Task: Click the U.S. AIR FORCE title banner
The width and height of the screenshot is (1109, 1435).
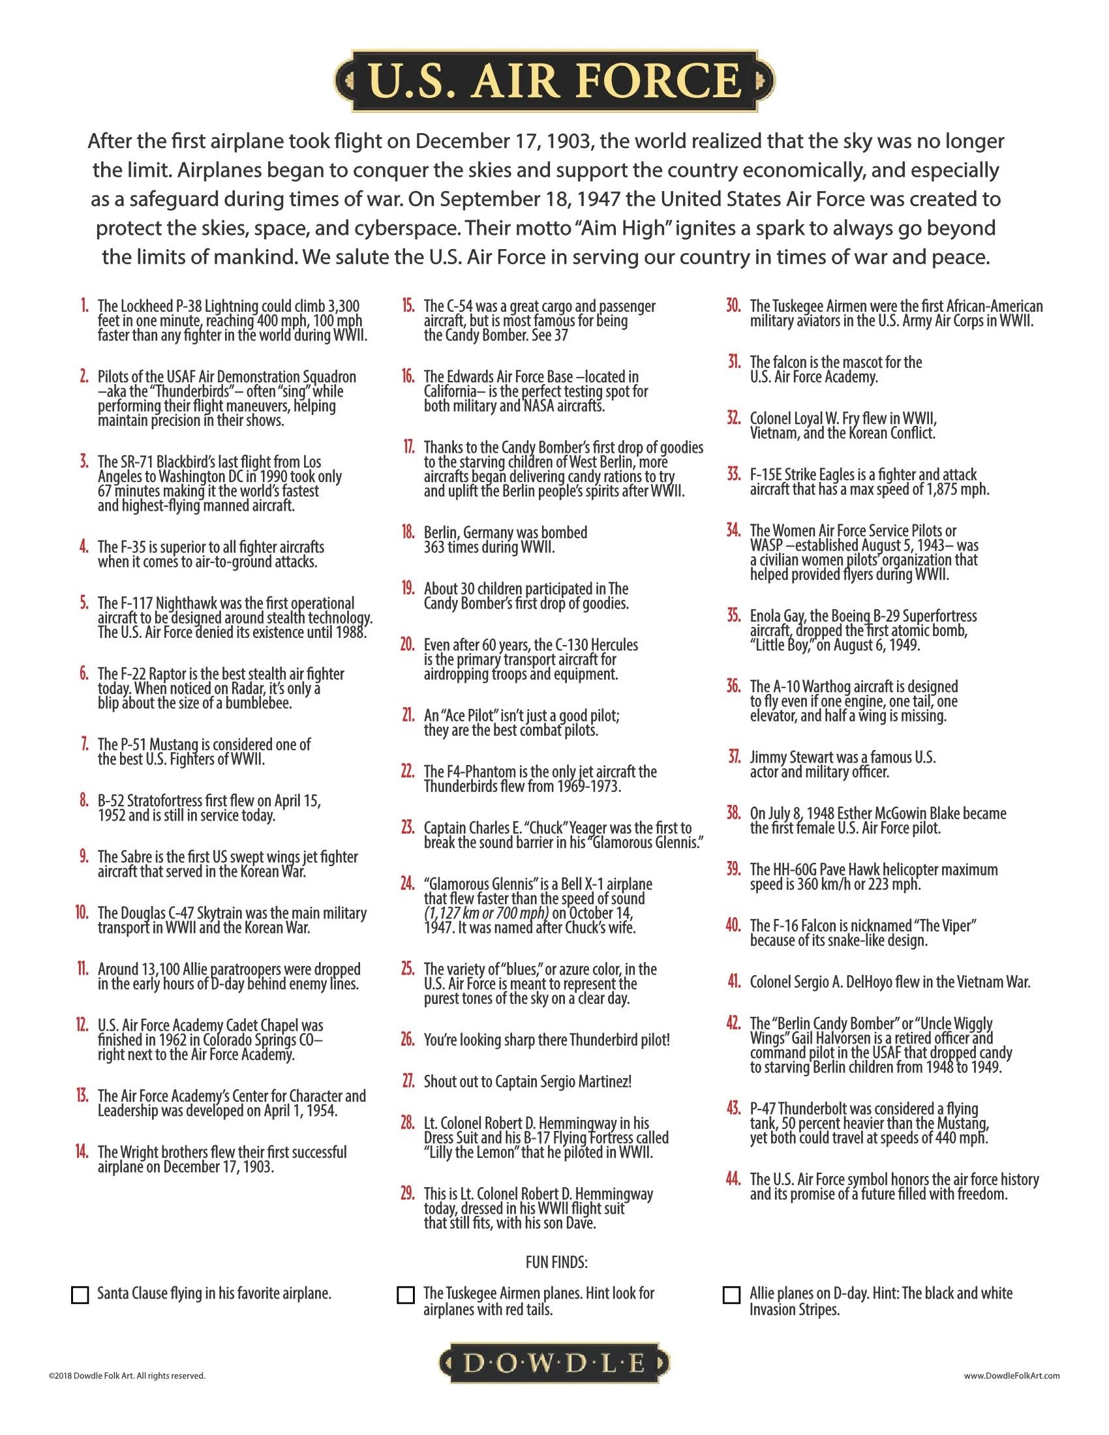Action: click(554, 81)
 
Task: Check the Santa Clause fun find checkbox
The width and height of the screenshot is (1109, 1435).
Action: click(80, 1294)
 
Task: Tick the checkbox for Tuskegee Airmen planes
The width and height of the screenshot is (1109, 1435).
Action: click(406, 1294)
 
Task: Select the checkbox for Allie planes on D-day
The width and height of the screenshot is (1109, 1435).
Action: click(731, 1294)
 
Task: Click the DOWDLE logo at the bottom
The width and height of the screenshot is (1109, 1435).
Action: click(554, 1363)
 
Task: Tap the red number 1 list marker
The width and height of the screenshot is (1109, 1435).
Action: click(84, 306)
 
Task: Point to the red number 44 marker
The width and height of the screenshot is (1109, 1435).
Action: click(734, 1179)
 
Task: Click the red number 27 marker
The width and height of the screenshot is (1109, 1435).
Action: click(408, 1081)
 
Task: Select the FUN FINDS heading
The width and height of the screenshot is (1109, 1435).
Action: click(556, 1262)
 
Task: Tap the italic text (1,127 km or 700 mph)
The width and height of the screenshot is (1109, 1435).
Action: click(486, 913)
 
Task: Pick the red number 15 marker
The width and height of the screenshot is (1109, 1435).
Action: click(408, 306)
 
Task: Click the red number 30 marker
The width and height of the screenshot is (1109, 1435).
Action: click(734, 306)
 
